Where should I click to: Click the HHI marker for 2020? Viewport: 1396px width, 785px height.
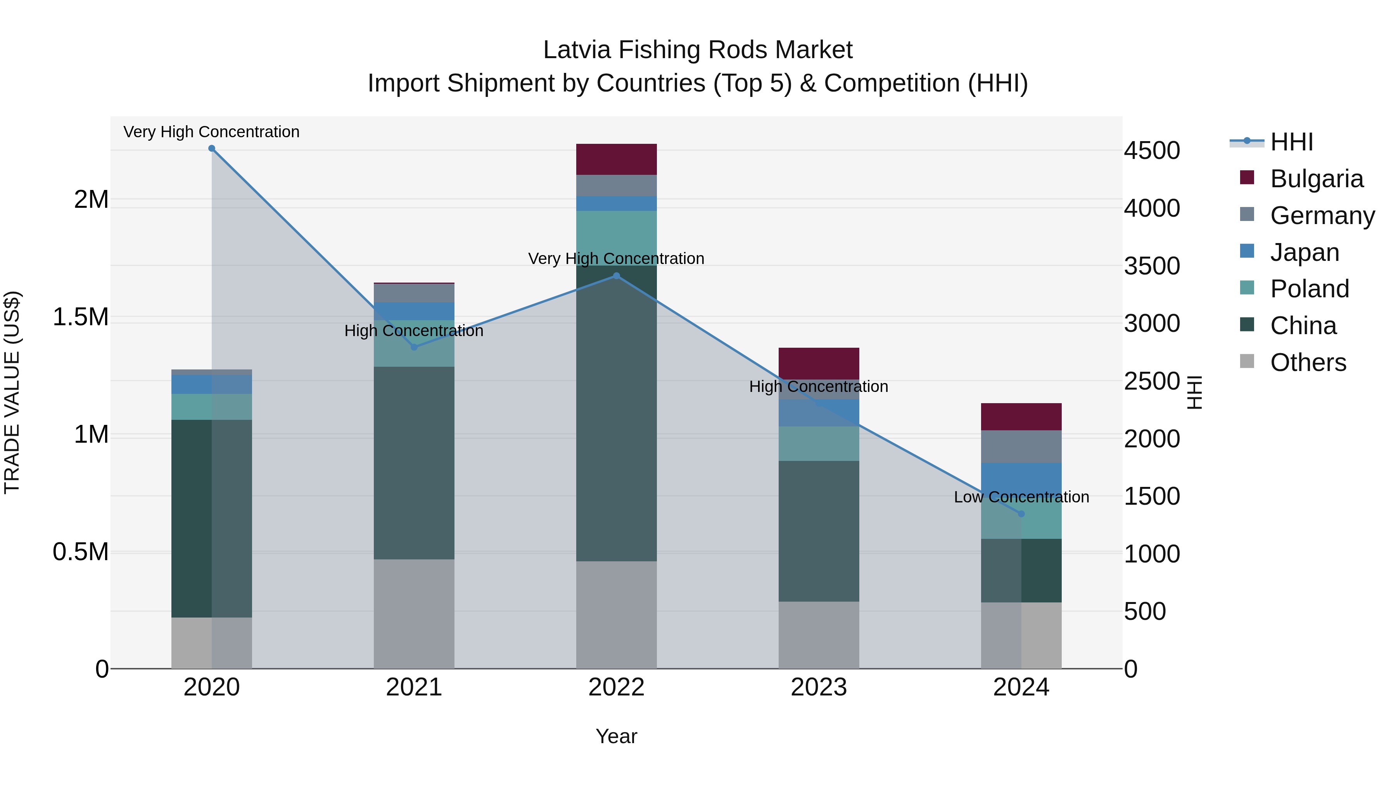point(212,148)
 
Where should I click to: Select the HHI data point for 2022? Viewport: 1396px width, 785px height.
point(616,276)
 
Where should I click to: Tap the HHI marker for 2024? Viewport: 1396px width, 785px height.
point(1021,514)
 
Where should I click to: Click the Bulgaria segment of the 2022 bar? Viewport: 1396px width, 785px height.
point(616,159)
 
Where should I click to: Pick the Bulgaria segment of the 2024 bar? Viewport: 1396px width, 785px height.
point(1021,417)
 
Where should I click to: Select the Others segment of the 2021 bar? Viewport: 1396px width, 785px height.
point(414,614)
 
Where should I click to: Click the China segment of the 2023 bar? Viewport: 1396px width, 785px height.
point(819,531)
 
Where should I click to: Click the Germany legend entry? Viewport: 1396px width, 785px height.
point(1322,216)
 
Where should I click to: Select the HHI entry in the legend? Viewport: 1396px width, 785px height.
point(1291,142)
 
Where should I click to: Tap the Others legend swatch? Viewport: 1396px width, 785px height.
point(1247,361)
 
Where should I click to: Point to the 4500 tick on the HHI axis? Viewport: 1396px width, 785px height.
point(1152,151)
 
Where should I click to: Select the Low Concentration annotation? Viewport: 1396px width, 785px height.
point(1021,497)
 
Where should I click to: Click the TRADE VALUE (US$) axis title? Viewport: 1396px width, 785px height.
point(12,392)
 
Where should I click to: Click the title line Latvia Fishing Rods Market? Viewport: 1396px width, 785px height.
point(698,50)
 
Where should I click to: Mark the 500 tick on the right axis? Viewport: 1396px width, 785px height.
point(1145,612)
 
